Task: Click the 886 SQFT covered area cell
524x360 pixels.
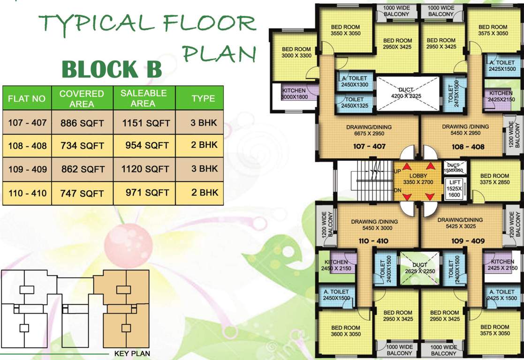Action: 82,123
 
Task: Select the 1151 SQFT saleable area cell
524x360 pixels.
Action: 145,123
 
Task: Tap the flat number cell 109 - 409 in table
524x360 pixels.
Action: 27,169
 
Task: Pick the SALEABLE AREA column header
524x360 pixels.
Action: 144,98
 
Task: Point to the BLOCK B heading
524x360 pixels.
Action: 112,69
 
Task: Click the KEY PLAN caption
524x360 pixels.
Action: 132,353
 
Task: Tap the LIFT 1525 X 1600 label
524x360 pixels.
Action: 454,188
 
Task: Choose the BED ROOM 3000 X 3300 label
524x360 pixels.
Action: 296,52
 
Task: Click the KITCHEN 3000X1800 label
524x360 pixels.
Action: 294,94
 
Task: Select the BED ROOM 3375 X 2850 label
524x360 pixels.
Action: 494,179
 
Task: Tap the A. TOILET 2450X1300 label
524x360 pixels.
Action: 355,82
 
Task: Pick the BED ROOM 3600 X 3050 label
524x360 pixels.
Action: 346,331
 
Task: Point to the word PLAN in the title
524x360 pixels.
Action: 219,52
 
